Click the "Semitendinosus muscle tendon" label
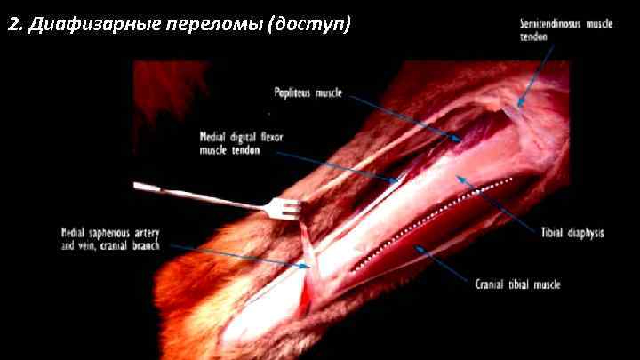pos(565,29)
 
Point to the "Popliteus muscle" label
pos(308,91)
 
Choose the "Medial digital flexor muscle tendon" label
pos(242,143)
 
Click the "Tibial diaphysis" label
pos(572,233)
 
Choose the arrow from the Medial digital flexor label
pos(338,166)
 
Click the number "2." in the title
pos(14,24)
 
